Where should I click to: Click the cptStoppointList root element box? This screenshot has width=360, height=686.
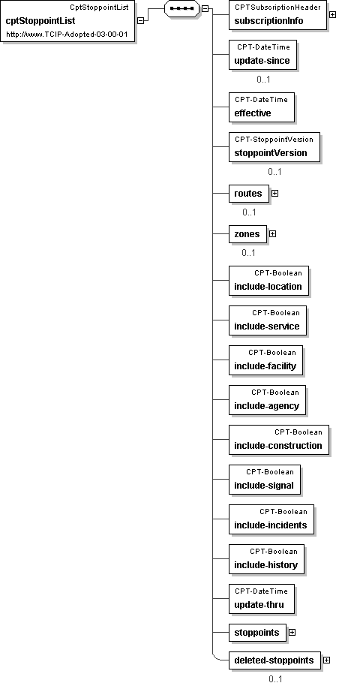[67, 22]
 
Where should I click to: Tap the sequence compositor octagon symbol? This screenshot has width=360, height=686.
[181, 8]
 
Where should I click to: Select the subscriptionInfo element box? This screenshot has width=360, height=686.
[277, 15]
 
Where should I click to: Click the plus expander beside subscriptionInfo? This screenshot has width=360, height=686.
[332, 14]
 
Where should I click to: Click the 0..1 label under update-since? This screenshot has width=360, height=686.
[263, 80]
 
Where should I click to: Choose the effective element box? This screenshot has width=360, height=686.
[262, 107]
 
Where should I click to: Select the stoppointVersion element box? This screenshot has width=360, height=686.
[274, 147]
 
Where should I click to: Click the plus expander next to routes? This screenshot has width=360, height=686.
[274, 193]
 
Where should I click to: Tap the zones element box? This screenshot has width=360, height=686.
[247, 234]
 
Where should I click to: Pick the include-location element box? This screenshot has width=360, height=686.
[268, 281]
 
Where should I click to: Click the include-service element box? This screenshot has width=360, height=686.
[268, 320]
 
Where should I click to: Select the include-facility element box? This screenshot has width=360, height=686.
[265, 360]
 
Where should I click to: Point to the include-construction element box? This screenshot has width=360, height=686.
[279, 440]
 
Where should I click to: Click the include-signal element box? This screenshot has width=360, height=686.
[265, 480]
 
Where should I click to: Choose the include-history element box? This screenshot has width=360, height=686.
[266, 560]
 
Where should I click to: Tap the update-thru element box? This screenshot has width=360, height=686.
[262, 600]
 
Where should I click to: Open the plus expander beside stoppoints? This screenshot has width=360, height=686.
[292, 633]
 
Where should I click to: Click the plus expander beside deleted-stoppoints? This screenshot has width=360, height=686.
[326, 660]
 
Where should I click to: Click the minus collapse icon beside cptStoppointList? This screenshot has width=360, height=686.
[140, 20]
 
